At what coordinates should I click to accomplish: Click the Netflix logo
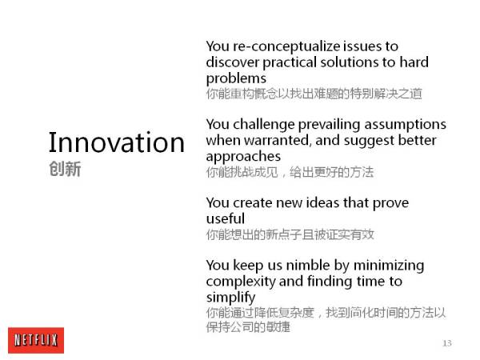click(36, 340)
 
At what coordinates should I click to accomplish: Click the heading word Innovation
click(117, 142)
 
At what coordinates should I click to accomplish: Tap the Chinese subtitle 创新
click(65, 169)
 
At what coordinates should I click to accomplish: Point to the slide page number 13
click(447, 343)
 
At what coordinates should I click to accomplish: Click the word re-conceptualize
click(286, 46)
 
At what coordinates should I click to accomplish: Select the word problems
click(236, 79)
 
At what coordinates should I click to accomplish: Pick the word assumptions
click(405, 125)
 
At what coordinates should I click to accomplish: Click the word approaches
click(243, 157)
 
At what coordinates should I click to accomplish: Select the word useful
click(226, 218)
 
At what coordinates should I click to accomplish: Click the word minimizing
click(389, 266)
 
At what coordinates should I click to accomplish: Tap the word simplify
click(231, 298)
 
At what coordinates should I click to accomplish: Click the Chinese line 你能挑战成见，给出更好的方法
click(290, 172)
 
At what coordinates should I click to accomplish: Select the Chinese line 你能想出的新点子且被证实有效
click(290, 234)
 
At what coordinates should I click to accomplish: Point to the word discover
click(233, 62)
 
